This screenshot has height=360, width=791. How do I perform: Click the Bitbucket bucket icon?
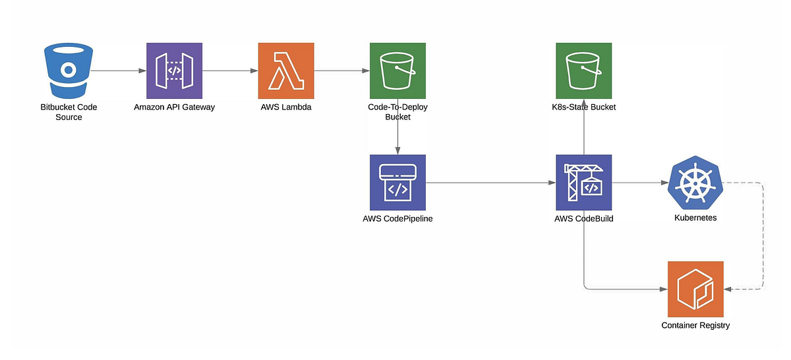pos(68,71)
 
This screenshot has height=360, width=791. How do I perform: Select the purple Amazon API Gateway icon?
pos(173,71)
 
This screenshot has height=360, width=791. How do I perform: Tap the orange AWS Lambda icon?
pos(286,71)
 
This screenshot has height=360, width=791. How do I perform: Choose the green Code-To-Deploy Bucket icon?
pos(397,71)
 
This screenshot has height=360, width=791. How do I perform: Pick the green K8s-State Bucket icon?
pos(583,71)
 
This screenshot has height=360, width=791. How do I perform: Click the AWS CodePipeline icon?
pos(397,183)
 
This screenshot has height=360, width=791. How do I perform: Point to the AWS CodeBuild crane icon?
pos(583,183)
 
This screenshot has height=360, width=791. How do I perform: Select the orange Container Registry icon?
pos(695,289)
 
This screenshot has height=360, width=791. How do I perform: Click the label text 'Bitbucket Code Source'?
pos(69,112)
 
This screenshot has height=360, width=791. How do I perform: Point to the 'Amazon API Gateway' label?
pos(174,107)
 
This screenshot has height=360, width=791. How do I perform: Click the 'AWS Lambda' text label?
pos(286,107)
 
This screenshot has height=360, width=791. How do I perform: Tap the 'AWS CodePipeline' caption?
pos(397,218)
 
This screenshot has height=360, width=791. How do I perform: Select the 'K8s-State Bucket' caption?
pos(583,107)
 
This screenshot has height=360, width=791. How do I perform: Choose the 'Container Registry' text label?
pos(695,325)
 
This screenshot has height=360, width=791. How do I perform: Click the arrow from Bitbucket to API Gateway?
pos(119,71)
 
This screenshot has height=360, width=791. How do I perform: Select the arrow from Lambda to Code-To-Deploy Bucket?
pos(341,71)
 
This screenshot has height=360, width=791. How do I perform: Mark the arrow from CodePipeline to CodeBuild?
pos(490,183)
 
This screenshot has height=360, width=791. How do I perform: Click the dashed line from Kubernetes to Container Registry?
pos(763,237)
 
